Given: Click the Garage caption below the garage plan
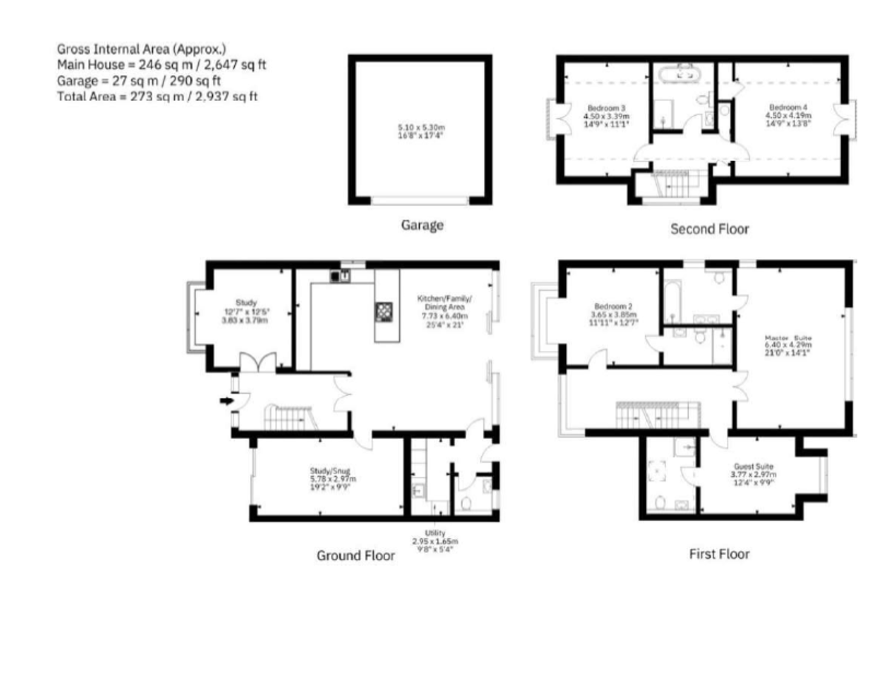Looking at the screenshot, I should [422, 225].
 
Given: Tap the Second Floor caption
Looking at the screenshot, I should [709, 229].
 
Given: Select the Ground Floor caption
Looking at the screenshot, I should [356, 556].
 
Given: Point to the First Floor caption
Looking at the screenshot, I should [719, 553].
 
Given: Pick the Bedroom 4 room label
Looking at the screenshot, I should [788, 106].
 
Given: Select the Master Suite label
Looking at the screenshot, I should [788, 339].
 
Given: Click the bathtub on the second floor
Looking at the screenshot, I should [682, 73].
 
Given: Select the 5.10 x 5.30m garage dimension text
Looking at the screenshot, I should [421, 128].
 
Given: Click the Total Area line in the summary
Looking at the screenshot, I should [157, 96].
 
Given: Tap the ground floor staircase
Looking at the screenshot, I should [286, 418].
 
